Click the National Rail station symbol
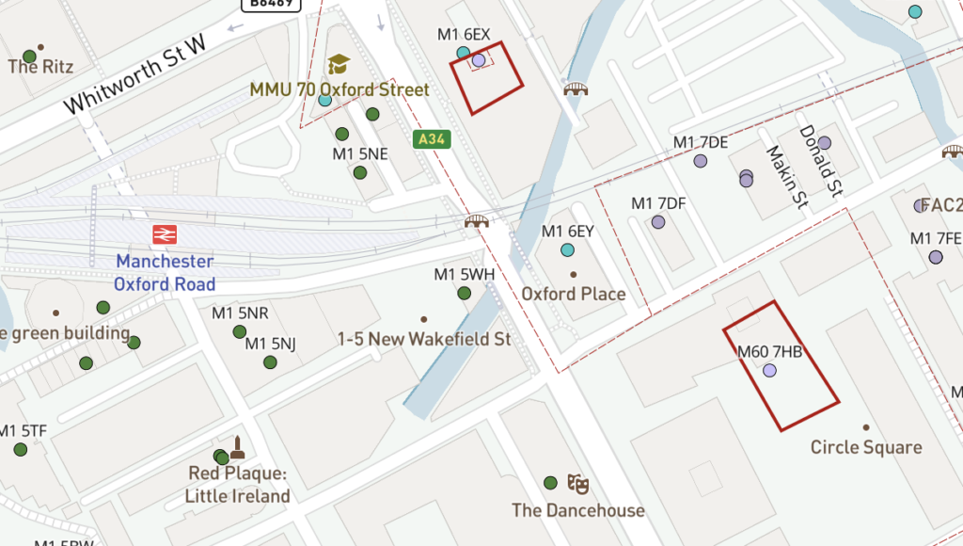[166, 234]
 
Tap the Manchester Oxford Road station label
[165, 273]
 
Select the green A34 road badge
[431, 139]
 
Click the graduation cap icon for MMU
[339, 64]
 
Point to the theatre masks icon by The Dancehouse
[577, 484]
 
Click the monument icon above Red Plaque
[237, 447]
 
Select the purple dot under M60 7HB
[770, 371]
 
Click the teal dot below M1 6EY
[567, 249]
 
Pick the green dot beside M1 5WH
[464, 293]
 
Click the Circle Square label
[866, 447]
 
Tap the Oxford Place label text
[574, 294]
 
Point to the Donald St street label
[819, 160]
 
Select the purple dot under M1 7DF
[658, 222]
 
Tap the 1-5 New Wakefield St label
[424, 338]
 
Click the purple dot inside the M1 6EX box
[479, 60]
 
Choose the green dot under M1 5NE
[360, 172]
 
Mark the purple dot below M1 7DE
[700, 161]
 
